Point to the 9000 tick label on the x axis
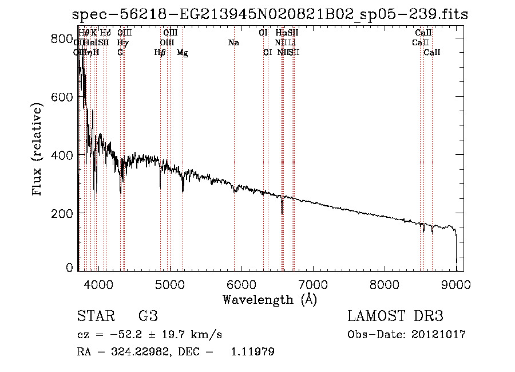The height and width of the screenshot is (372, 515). tap(456, 283)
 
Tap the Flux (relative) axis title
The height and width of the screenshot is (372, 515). tap(38, 151)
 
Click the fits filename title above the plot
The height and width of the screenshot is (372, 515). tap(270, 14)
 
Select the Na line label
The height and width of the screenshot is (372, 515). tap(233, 43)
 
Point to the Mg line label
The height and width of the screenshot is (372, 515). tap(183, 53)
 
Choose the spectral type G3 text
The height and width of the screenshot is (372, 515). tap(148, 316)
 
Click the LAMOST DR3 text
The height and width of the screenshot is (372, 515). tap(395, 316)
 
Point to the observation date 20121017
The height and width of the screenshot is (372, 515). tap(441, 334)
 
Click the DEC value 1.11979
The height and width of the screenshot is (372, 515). tap(252, 352)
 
